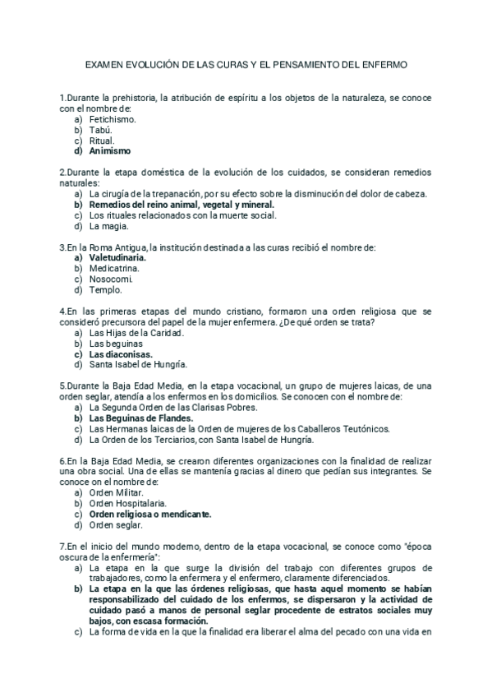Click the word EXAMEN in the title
point(105,64)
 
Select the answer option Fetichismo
point(113,119)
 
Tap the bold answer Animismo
point(110,151)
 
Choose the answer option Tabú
point(100,130)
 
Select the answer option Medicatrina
point(114,268)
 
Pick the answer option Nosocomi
point(111,279)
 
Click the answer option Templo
point(106,289)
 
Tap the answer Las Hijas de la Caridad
point(136,333)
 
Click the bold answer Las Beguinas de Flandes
point(141,418)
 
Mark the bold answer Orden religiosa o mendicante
point(150,513)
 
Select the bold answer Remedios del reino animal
point(182,205)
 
